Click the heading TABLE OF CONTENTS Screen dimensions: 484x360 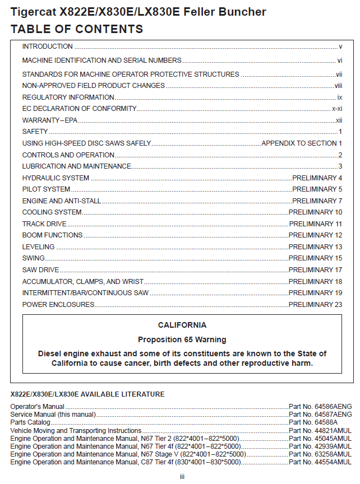point(77,29)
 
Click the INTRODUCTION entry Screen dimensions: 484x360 point(48,46)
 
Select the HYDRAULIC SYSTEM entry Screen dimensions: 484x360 point(56,178)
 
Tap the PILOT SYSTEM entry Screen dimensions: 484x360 point(46,189)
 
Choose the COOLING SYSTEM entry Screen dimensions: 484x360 point(52,212)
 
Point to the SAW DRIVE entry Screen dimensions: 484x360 point(42,270)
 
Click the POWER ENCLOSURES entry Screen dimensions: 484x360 point(58,305)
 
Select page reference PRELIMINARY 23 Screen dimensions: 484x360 point(315,305)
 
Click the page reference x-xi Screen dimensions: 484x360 point(337,109)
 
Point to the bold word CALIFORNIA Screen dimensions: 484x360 point(182,325)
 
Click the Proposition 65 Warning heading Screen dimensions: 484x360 point(182,339)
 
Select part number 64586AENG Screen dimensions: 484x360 point(320,406)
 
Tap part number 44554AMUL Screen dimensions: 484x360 point(320,462)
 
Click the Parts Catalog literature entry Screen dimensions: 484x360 point(30,422)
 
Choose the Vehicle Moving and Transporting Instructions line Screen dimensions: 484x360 point(76,430)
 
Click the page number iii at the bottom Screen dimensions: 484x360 point(182,477)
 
